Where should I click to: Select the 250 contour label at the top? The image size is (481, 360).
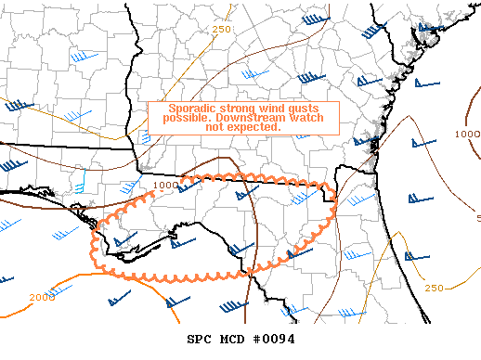point(221,30)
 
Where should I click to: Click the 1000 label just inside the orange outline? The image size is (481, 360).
point(165,186)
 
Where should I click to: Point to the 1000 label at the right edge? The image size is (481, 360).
point(468,135)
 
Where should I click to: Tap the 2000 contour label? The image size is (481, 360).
point(43,298)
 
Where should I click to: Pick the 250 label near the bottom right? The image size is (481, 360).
point(435,288)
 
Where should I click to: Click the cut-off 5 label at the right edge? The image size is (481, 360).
point(477,219)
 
